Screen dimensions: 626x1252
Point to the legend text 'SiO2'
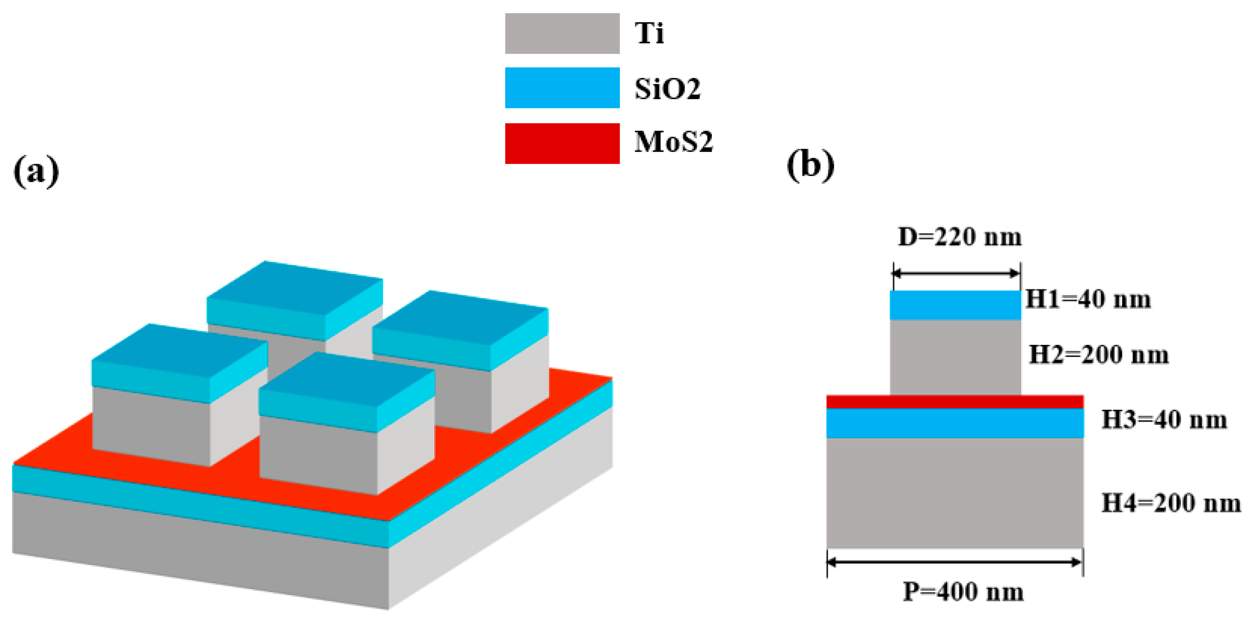(667, 88)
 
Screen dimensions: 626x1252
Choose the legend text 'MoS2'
(673, 142)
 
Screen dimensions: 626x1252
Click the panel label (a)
(37, 171)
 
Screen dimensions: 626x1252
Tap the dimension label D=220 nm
(959, 237)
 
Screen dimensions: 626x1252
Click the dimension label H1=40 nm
(1088, 299)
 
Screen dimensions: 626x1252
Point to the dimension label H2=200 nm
(1099, 355)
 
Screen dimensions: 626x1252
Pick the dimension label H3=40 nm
(1164, 420)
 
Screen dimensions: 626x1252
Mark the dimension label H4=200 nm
(1171, 503)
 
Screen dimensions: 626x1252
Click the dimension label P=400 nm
(963, 592)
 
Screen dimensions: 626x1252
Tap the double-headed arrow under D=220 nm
(956, 273)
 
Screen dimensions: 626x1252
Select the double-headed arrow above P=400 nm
(955, 562)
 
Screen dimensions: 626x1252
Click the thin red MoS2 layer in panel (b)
(955, 402)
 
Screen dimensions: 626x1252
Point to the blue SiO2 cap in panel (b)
(955, 305)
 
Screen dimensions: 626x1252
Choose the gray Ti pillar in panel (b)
(955, 357)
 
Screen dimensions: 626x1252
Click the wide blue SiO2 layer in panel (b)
(955, 423)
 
